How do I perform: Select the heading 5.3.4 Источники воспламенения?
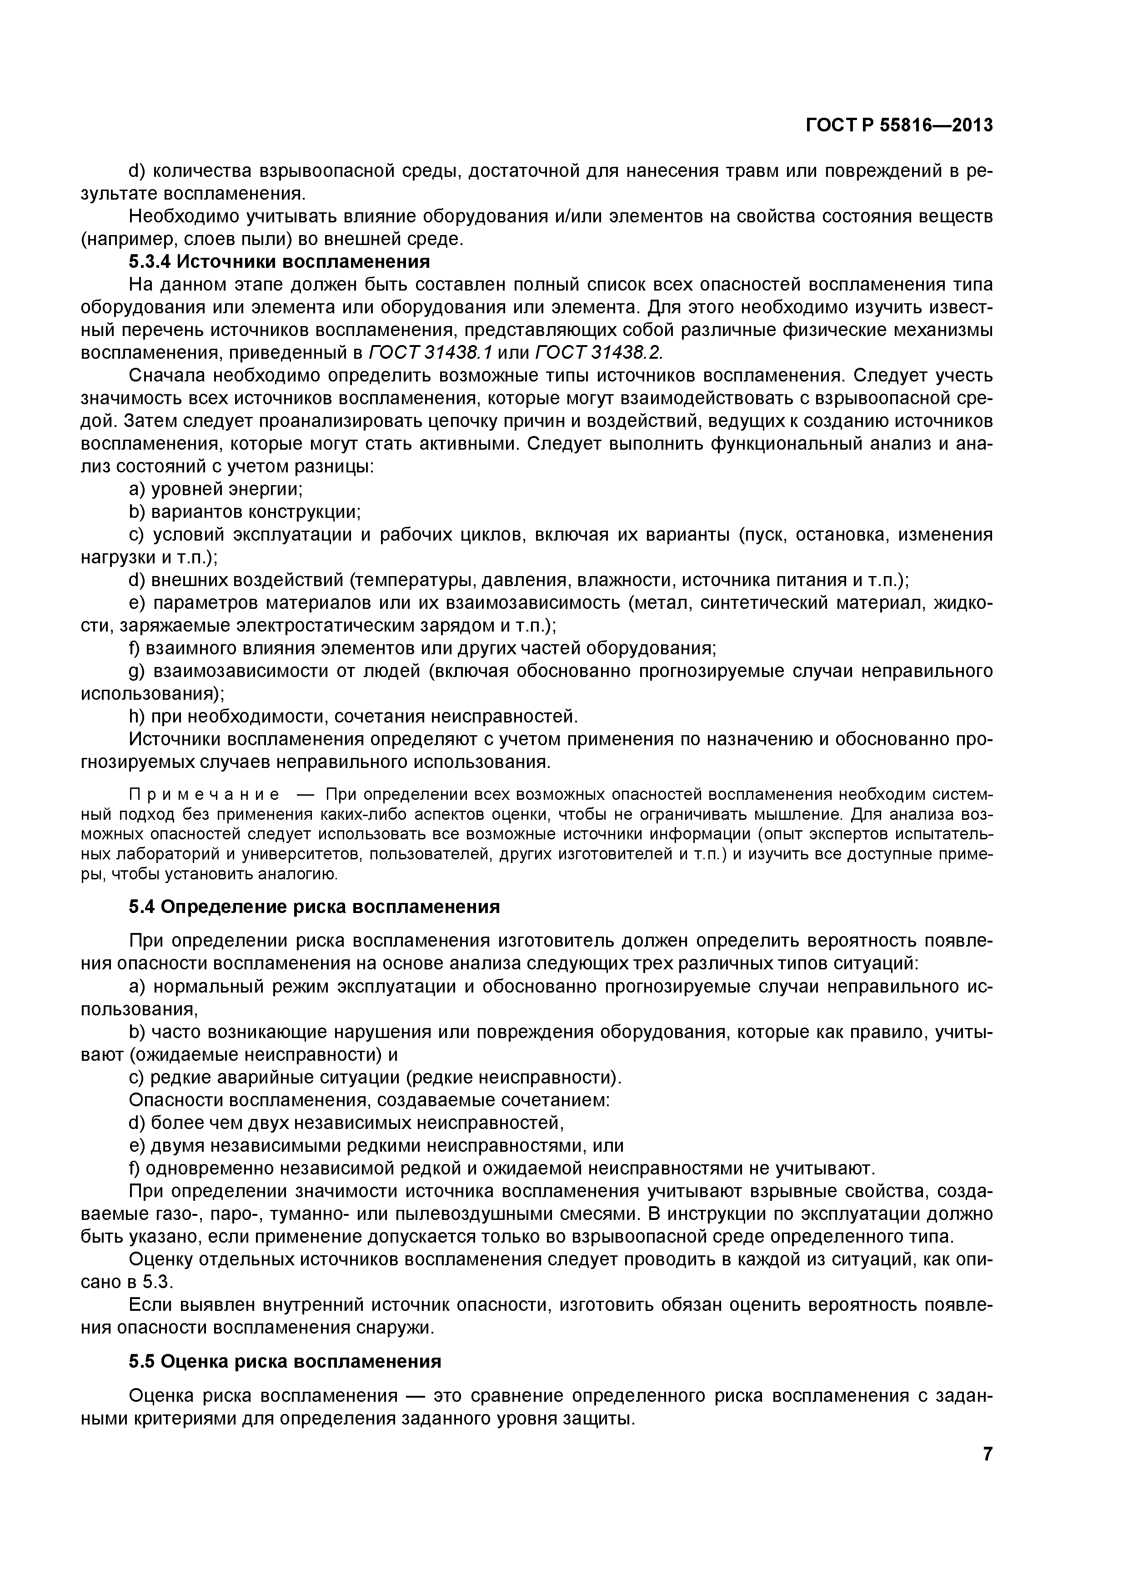click(279, 262)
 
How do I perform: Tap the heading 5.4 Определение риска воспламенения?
click(314, 907)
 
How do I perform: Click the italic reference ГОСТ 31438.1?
click(430, 353)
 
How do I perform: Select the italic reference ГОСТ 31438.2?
click(598, 353)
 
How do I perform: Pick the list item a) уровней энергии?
click(216, 489)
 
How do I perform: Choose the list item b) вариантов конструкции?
click(245, 512)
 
